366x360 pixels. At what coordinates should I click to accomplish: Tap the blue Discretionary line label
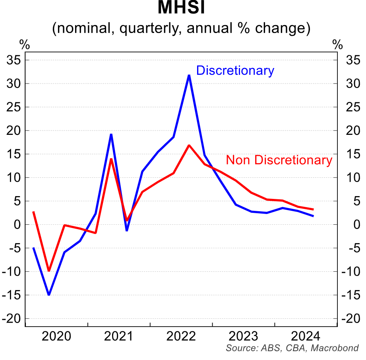pos(235,71)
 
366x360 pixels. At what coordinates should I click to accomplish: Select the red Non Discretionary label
pos(279,160)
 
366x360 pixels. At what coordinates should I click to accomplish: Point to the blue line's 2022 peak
pos(189,75)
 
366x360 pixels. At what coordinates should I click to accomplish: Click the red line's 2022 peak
pos(189,145)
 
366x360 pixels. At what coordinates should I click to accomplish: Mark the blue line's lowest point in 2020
pos(49,295)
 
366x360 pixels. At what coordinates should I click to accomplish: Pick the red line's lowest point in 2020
pos(49,271)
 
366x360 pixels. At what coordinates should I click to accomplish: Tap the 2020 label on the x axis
pos(56,336)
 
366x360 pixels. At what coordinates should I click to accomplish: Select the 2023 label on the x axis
pos(244,336)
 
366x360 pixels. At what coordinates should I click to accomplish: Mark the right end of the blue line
pos(314,216)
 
